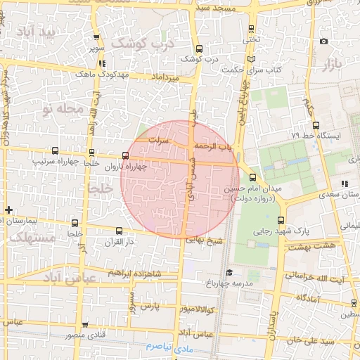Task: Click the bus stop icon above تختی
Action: point(252,29)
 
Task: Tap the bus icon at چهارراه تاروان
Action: point(126,156)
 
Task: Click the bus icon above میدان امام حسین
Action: point(252,177)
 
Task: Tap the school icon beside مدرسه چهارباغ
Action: point(229,271)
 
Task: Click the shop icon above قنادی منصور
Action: point(85,325)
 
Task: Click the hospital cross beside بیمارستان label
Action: point(8,210)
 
